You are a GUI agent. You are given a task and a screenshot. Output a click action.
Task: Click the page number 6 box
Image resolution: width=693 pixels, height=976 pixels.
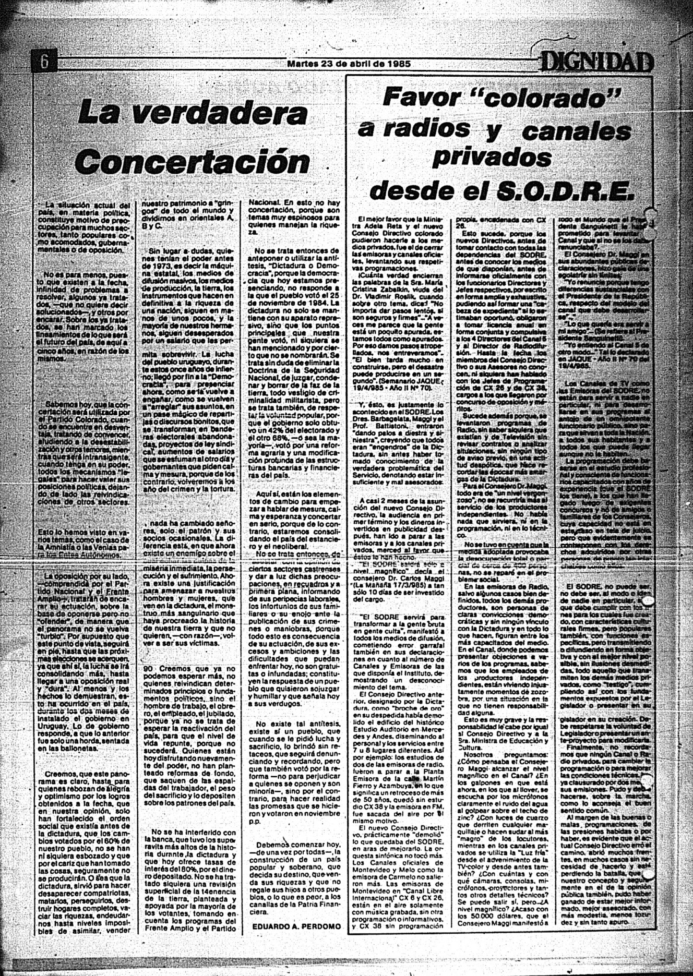click(44, 62)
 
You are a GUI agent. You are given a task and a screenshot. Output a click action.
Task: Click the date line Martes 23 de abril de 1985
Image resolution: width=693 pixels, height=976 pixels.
click(349, 64)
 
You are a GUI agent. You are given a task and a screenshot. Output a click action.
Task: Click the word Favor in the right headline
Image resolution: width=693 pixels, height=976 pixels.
click(422, 98)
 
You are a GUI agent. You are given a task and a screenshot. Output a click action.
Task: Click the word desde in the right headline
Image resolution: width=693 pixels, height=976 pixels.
click(407, 191)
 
